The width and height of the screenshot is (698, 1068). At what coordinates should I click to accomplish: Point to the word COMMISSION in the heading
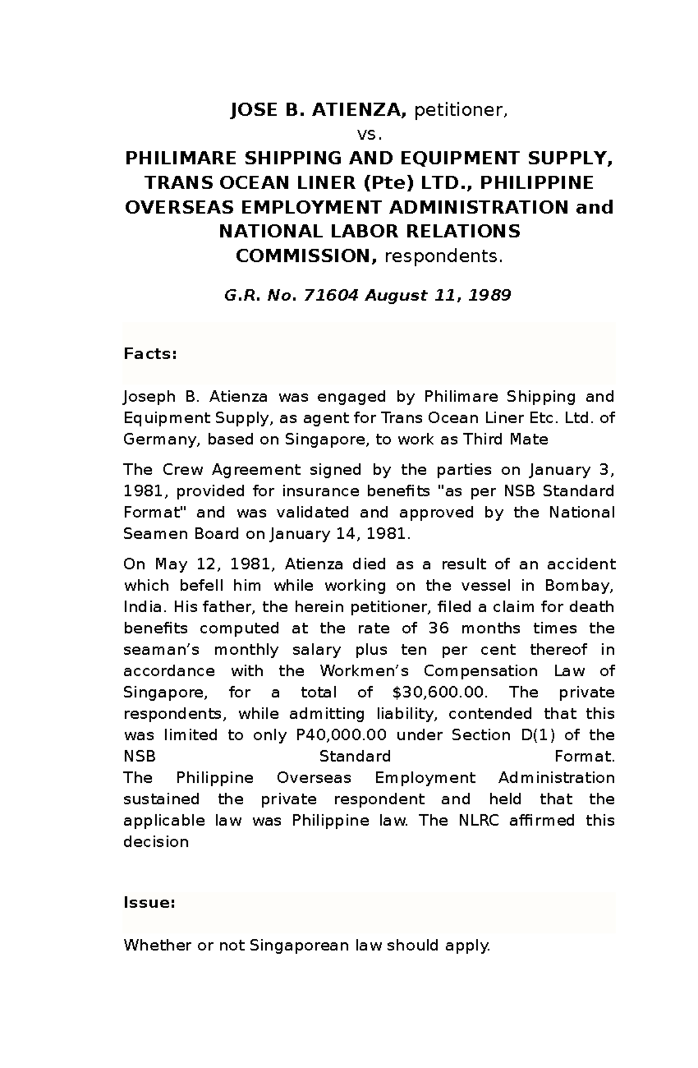305,256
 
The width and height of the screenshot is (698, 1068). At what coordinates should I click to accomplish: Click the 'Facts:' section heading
150,354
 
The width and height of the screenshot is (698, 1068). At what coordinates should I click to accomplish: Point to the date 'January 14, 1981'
340,534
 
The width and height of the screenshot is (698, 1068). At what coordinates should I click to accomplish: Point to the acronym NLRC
479,821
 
